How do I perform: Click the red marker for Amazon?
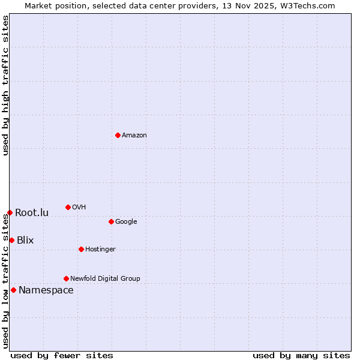click(118, 135)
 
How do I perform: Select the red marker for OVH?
click(68, 207)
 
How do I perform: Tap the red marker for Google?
click(111, 221)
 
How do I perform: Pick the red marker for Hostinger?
click(81, 249)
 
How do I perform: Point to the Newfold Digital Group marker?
click(66, 278)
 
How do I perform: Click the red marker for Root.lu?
click(10, 212)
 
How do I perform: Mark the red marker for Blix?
click(11, 240)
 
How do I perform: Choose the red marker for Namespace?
click(13, 290)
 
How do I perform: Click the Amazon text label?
click(134, 136)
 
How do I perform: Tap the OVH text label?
click(79, 208)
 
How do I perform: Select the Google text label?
click(126, 222)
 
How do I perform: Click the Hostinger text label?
click(100, 250)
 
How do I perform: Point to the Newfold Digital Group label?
click(105, 279)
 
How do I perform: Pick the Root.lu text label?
click(32, 213)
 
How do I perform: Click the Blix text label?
click(25, 241)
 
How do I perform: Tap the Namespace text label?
click(46, 290)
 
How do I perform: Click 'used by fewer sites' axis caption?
click(62, 355)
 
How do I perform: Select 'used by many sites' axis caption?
click(301, 355)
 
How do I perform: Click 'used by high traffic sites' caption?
click(5, 85)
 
